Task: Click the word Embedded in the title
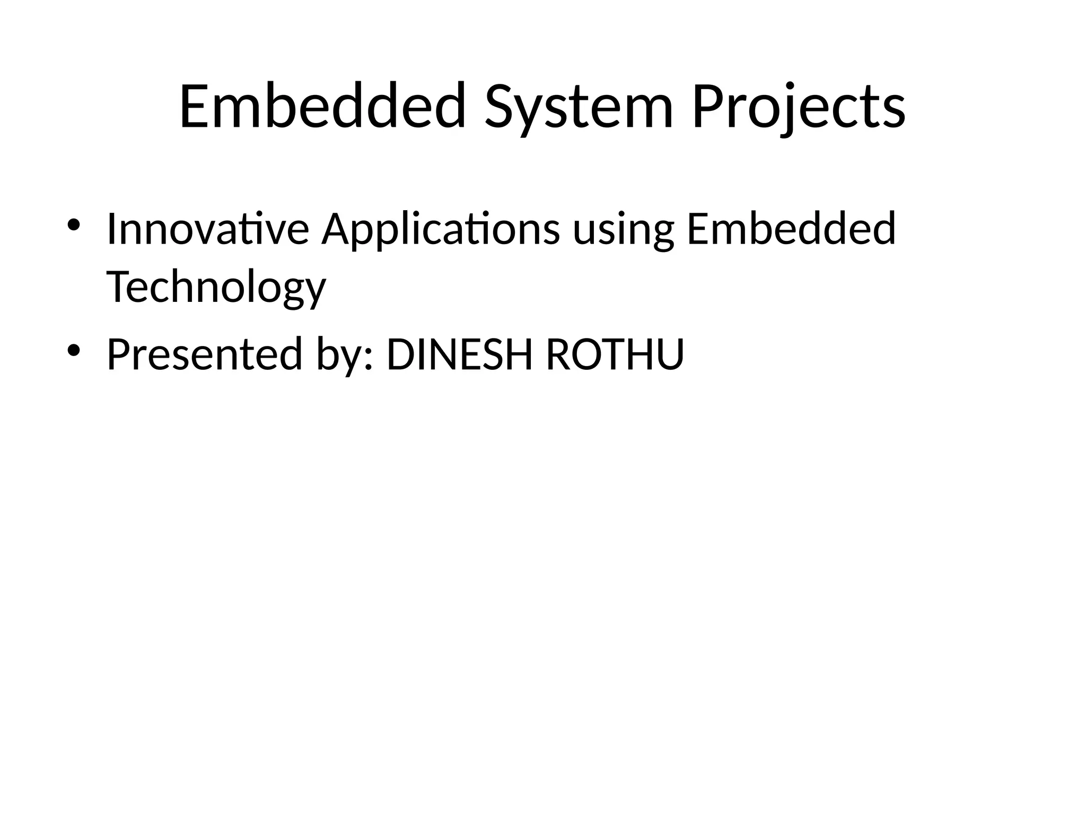(x=322, y=106)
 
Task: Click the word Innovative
(x=207, y=229)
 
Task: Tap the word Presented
(x=205, y=354)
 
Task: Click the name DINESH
(x=459, y=354)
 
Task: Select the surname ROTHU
(x=615, y=354)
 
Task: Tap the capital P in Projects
(x=708, y=106)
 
